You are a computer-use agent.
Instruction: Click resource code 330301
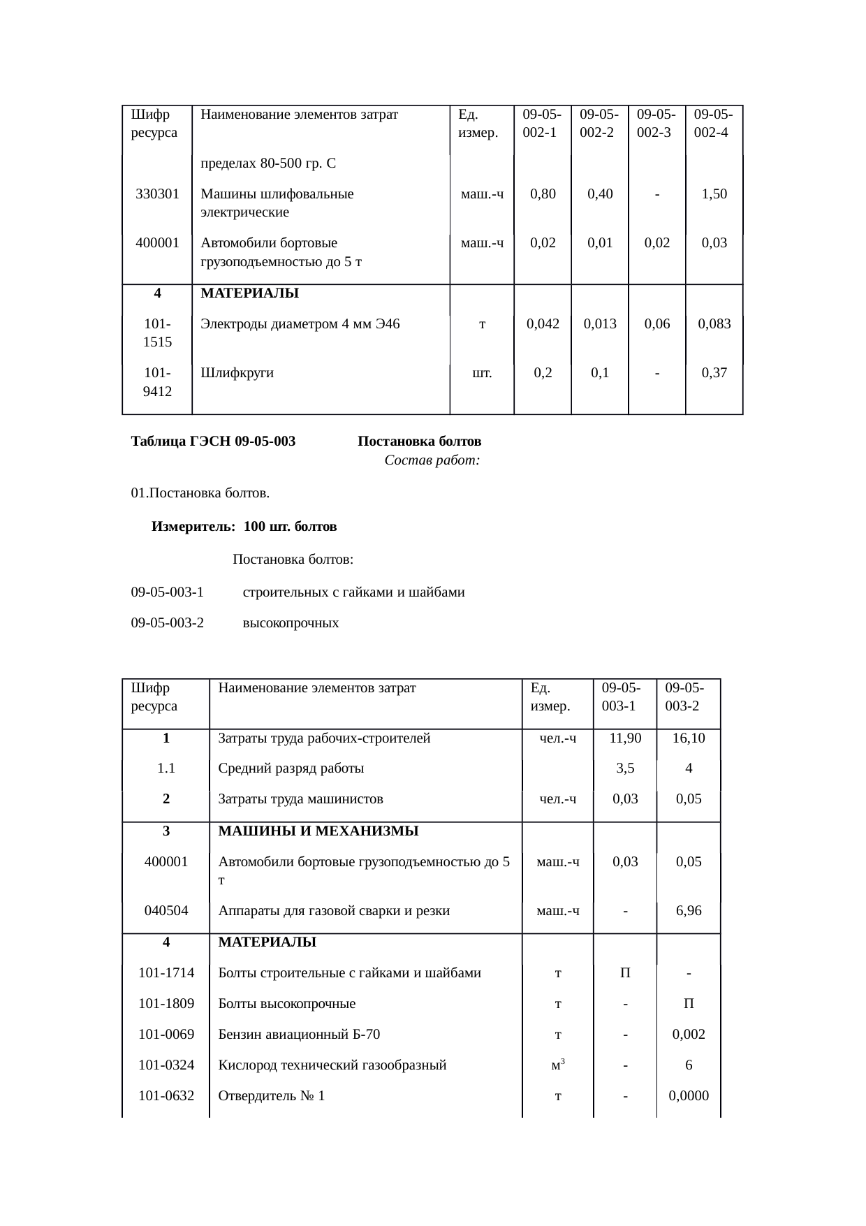pos(157,194)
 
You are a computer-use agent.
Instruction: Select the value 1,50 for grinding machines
pos(714,194)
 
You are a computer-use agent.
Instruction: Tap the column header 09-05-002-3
pos(656,123)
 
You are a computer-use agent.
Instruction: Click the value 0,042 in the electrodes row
pos(543,323)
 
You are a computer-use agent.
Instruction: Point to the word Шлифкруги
pos(237,373)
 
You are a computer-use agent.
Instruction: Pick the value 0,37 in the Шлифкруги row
pos(714,373)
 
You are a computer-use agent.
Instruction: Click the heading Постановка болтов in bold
pos(419,441)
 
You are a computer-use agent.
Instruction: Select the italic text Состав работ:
pos(432,461)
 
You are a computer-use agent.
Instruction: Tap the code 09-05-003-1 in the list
pos(167,592)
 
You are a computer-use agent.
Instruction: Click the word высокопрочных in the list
pos(291,623)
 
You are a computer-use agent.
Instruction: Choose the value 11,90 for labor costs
pos(625,738)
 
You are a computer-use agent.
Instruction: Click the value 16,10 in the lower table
pos(689,738)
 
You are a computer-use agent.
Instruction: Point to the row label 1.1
pos(166,768)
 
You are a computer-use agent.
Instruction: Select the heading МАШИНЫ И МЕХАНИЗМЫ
pos(318,831)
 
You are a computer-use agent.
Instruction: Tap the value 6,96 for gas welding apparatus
pos(689,911)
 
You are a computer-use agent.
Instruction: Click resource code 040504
pos(166,911)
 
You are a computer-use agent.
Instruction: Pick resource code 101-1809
pos(166,1004)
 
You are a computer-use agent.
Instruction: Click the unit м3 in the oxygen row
pos(557,1065)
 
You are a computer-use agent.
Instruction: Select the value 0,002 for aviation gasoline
pos(689,1035)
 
